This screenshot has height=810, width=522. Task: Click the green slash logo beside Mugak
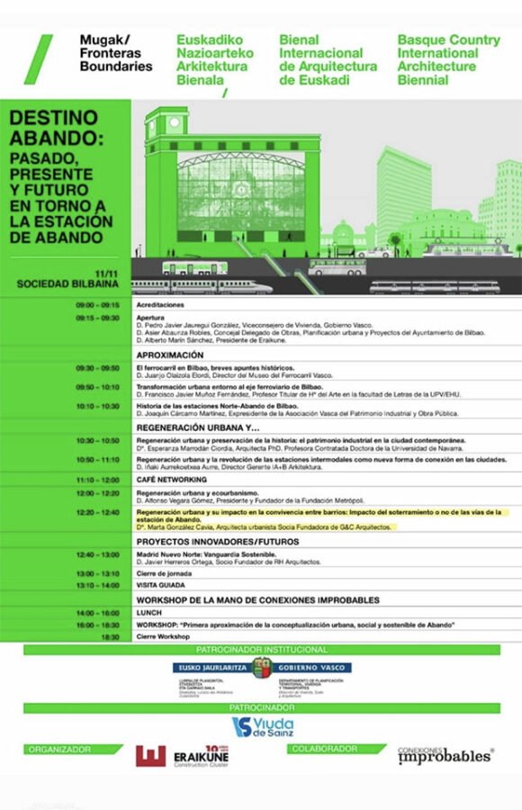pyautogui.click(x=38, y=58)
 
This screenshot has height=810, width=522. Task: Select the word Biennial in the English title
pyautogui.click(x=423, y=79)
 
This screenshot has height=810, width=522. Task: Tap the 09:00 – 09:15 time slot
pyautogui.click(x=98, y=305)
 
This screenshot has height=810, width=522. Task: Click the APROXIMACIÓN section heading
pyautogui.click(x=171, y=355)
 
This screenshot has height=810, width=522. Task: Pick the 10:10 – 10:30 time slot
pyautogui.click(x=98, y=406)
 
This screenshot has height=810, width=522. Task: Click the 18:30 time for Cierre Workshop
pyautogui.click(x=110, y=636)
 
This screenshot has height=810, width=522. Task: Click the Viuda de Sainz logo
pyautogui.click(x=261, y=726)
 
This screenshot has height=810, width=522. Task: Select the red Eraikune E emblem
pyautogui.click(x=149, y=757)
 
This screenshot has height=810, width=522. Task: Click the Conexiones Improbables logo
pyautogui.click(x=445, y=755)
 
